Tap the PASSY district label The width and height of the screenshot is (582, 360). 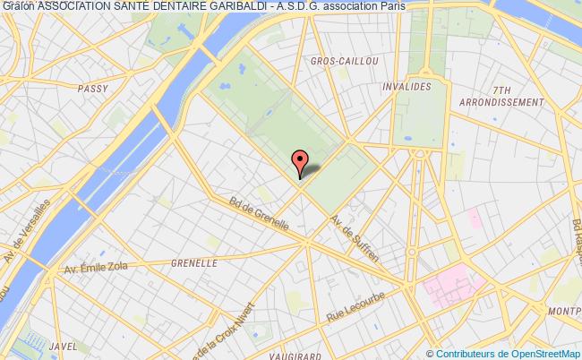[x=92, y=88]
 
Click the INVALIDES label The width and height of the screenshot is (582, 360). [x=407, y=87]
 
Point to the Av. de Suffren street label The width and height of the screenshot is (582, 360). [x=355, y=238]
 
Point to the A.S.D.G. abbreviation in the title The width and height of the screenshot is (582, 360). [x=320, y=6]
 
